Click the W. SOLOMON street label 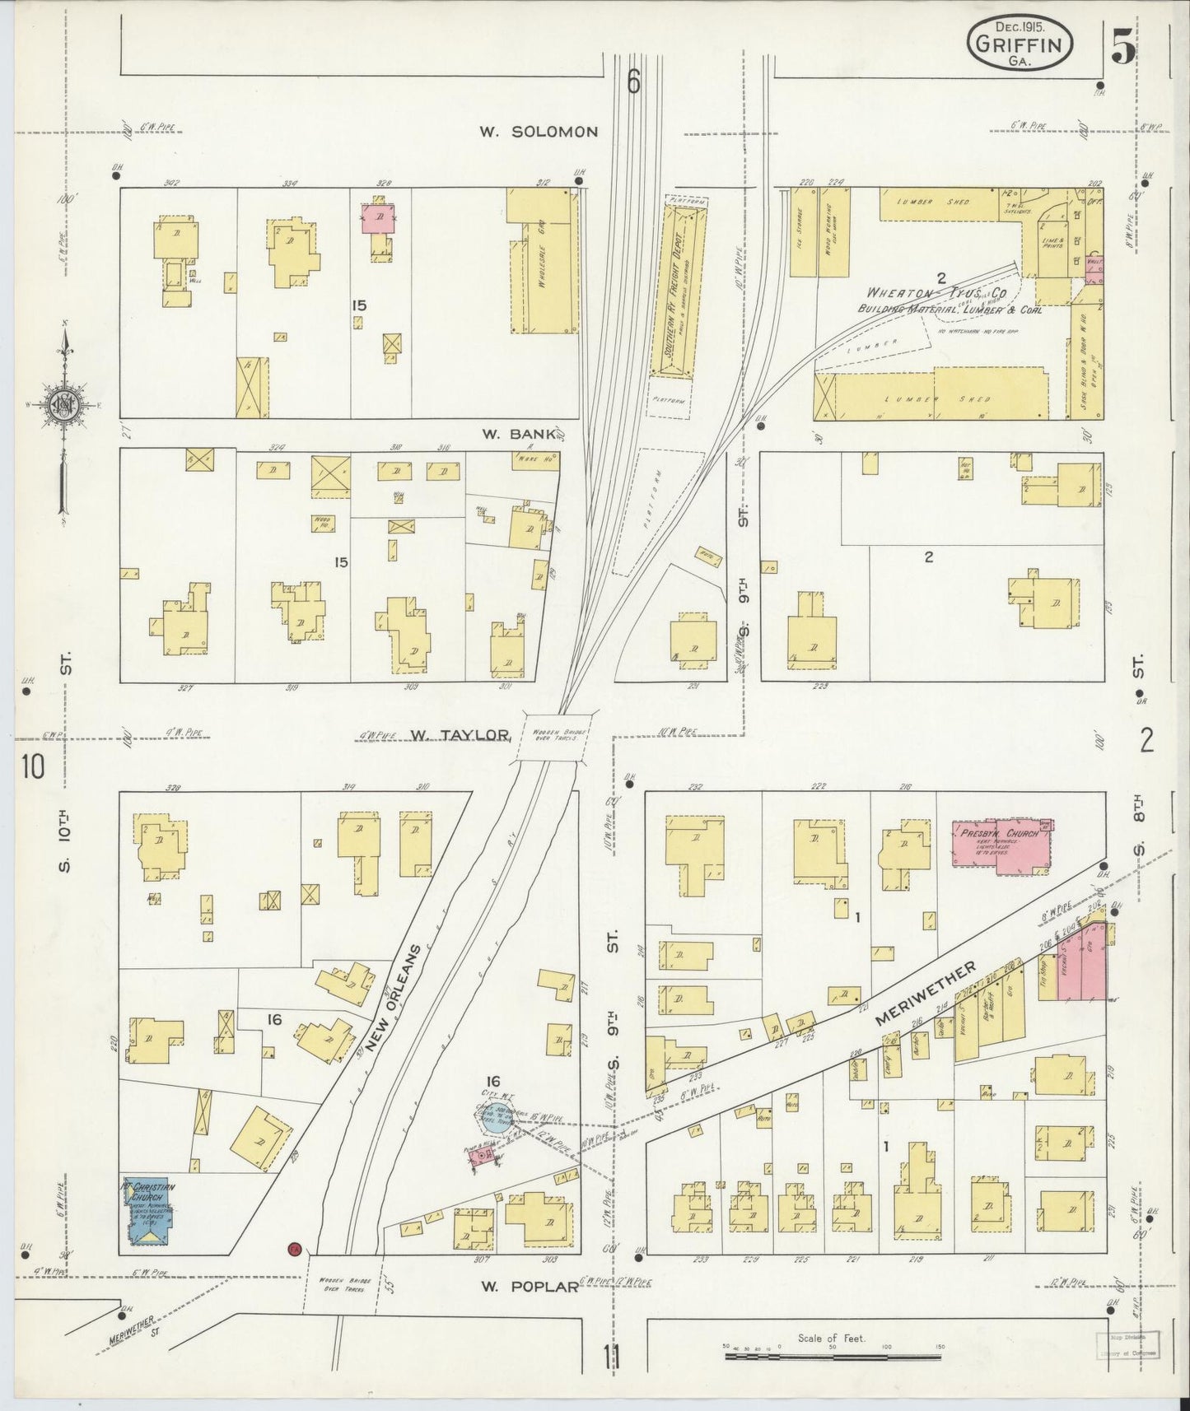click(539, 132)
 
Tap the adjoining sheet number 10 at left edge click(33, 766)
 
